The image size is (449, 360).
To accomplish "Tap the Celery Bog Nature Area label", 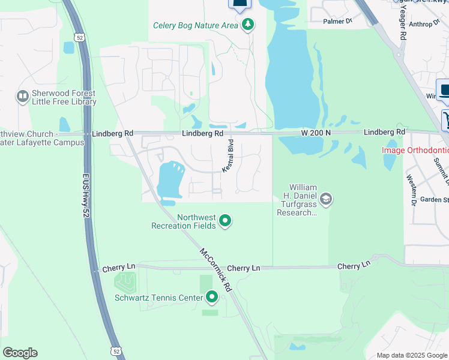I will click(x=196, y=25).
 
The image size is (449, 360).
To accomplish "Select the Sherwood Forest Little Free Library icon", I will click(x=23, y=96).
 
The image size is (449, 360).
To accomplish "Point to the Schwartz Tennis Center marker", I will click(x=212, y=296).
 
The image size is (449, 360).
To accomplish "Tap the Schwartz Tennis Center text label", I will click(x=158, y=297).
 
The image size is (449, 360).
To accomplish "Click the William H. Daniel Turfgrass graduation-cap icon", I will click(x=326, y=199).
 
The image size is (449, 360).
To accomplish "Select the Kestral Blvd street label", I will click(x=228, y=157).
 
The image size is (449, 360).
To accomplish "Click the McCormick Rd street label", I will click(x=215, y=271).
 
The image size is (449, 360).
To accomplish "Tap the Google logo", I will click(x=20, y=353).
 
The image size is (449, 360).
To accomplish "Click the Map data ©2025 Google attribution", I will click(x=412, y=355).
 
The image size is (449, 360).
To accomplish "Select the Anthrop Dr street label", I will click(x=424, y=25).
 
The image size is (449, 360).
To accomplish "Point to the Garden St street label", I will click(x=434, y=200).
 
